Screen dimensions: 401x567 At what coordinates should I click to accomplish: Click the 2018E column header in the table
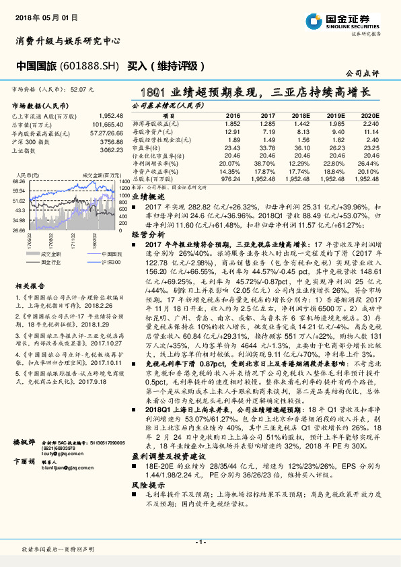302,116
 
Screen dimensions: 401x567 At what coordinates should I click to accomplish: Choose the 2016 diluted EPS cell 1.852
231,124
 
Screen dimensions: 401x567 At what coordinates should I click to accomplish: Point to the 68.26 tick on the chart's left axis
19,182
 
